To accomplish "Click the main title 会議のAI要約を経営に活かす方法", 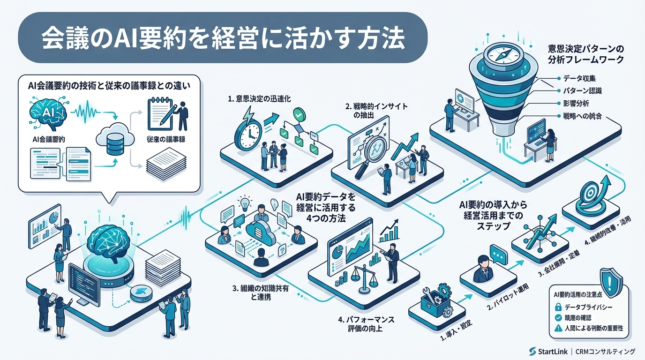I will tap(222, 38).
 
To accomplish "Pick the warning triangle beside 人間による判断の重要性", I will tap(558, 328).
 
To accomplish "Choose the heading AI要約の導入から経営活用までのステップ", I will tap(490, 215).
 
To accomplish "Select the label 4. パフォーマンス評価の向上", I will tap(366, 323).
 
